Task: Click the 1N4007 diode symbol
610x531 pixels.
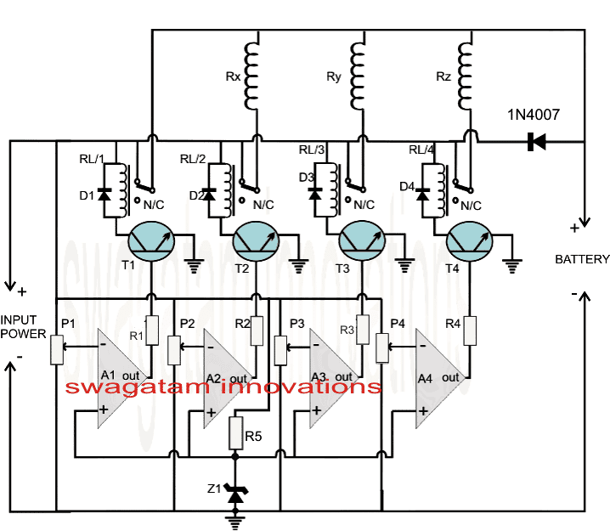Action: click(x=536, y=141)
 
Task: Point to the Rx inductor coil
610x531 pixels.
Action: click(x=252, y=68)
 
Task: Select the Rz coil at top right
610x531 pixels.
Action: click(x=465, y=68)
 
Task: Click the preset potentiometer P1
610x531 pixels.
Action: click(x=58, y=349)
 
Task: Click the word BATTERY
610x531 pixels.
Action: click(x=582, y=259)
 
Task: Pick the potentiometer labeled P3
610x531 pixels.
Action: click(x=278, y=347)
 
